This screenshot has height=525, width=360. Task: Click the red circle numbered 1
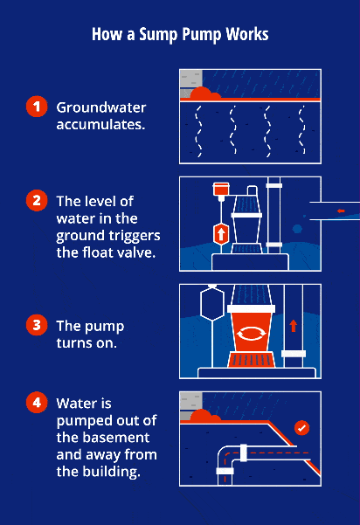pos(36,107)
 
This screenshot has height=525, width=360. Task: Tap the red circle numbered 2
pos(36,200)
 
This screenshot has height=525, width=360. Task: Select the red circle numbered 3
pos(36,326)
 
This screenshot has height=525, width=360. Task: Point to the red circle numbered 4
pos(36,404)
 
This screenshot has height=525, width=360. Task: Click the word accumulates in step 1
pos(100,125)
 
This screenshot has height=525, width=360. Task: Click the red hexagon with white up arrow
pos(220,234)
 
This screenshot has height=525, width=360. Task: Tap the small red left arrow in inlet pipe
pos(341,211)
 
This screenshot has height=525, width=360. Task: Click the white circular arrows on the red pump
pos(251,333)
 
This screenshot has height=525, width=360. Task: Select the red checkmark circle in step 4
pos(301,428)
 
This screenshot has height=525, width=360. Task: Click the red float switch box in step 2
pos(220,189)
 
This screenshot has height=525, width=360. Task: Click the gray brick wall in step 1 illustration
pos(190,81)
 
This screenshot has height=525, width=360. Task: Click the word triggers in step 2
pos(131,236)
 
